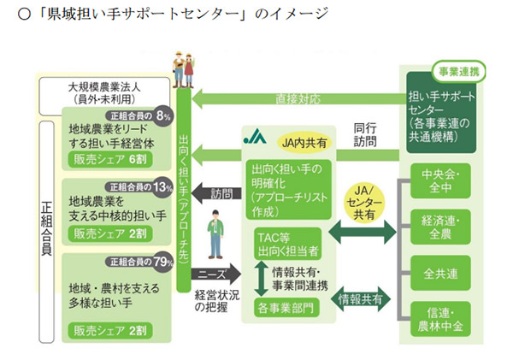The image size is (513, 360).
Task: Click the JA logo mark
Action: [255, 136]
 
